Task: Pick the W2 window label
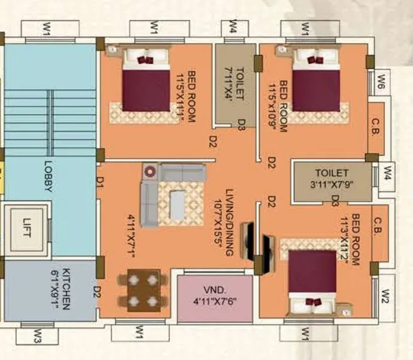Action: coord(385,295)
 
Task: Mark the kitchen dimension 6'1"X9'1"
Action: coord(54,289)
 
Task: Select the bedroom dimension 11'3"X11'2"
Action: coord(345,239)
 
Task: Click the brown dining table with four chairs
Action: coord(144,291)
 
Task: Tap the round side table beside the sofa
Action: coord(149,171)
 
